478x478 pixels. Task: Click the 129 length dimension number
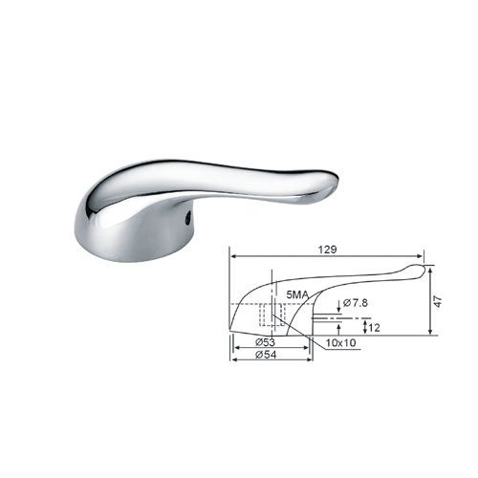328,250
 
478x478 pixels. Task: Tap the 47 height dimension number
439,301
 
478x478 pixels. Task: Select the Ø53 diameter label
265,342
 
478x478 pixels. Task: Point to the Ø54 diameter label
266,355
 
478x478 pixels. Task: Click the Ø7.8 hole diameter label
356,302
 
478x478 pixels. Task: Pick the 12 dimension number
374,328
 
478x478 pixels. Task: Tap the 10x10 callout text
340,343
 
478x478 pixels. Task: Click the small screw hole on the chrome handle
188,218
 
